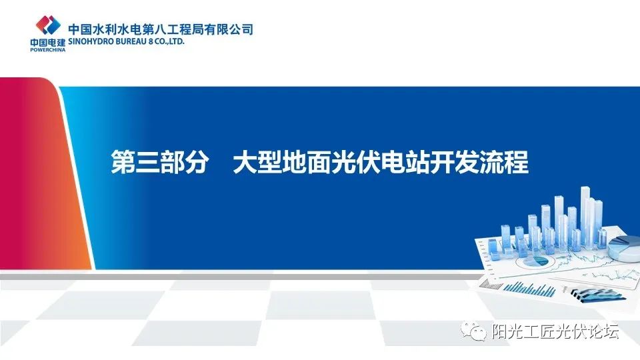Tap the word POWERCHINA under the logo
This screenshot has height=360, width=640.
pos(46,49)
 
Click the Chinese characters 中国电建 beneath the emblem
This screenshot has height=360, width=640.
pos(46,42)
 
